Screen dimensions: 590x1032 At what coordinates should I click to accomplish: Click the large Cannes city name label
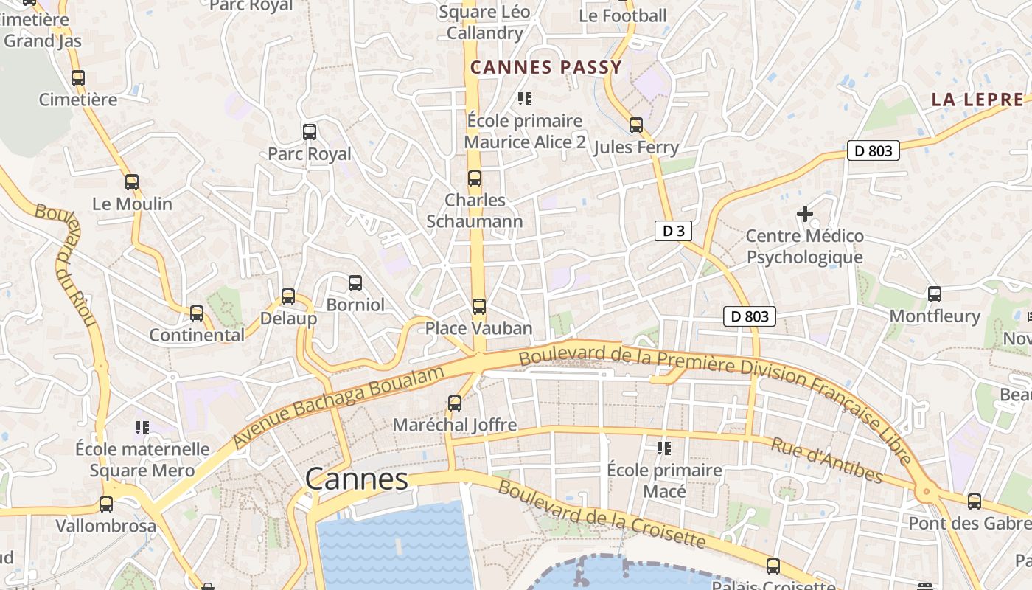357,479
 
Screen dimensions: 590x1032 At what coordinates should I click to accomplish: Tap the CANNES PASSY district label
546,67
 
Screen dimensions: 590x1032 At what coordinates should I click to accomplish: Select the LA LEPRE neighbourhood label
977,100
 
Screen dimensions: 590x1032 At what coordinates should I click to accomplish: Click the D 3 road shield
673,231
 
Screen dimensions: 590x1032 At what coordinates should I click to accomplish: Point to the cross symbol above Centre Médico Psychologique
805,214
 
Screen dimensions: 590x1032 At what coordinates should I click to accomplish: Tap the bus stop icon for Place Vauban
479,307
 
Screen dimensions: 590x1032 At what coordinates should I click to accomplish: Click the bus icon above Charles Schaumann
475,178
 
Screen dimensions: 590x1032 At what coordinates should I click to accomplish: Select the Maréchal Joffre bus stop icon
455,403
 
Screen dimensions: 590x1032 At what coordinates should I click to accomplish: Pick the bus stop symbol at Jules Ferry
636,125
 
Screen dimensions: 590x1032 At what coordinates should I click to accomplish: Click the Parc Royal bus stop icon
310,132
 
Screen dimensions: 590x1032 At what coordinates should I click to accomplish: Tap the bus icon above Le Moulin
132,182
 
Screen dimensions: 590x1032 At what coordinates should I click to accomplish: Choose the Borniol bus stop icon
355,283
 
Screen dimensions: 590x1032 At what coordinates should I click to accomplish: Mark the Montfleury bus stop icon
935,294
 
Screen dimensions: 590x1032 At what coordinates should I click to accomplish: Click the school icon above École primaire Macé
664,448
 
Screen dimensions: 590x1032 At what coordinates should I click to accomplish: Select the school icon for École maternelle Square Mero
142,427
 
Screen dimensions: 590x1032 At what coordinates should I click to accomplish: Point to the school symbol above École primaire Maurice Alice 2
524,98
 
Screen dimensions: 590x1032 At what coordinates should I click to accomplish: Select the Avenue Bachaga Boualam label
339,406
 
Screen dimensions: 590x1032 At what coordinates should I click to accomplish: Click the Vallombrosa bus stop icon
106,504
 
